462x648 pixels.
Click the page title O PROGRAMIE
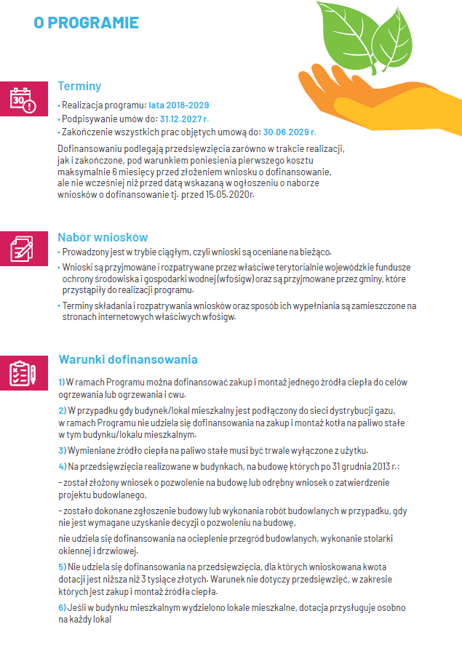pos(86,23)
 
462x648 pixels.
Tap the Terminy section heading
pos(79,86)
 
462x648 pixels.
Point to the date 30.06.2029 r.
pos(290,132)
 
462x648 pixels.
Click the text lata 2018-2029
pos(179,105)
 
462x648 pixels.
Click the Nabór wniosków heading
pos(103,237)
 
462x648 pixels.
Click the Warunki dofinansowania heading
pos(127,359)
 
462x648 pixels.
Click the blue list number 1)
pos(62,382)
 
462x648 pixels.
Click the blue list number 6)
pos(62,607)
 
